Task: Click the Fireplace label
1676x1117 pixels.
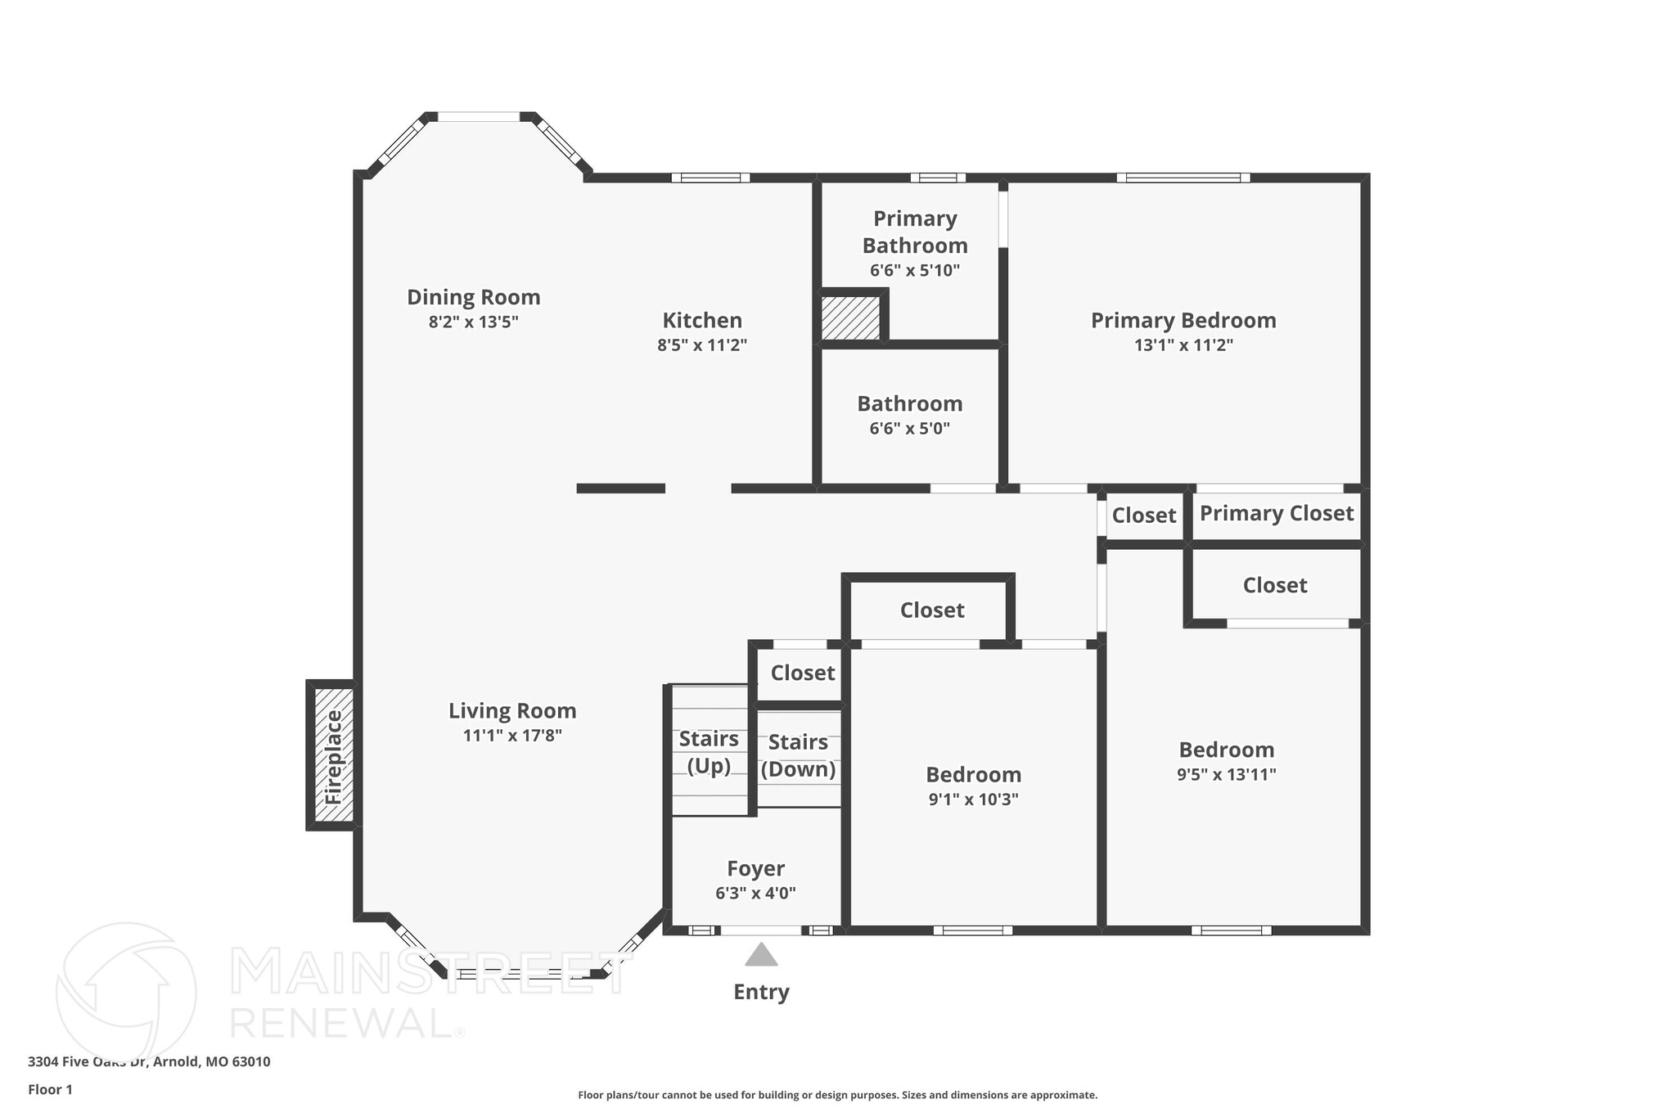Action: coord(333,757)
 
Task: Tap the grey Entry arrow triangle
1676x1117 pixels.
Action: coord(761,956)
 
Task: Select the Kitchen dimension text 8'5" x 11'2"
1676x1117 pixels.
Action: coord(702,345)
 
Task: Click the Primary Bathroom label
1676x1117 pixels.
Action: coord(915,232)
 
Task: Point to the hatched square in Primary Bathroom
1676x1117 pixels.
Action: coord(851,318)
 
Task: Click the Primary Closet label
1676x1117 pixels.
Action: coord(1276,513)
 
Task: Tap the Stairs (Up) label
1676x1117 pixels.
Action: coord(709,752)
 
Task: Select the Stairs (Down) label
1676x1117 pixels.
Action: coord(798,755)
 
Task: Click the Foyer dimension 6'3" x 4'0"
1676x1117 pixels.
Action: coord(755,893)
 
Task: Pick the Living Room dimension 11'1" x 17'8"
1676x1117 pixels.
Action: coord(512,735)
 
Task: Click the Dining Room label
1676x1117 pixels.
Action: coord(474,297)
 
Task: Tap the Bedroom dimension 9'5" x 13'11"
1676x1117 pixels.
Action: coord(1226,774)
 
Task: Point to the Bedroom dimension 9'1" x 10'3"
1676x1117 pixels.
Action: coord(973,799)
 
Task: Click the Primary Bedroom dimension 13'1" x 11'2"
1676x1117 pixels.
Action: coord(1183,345)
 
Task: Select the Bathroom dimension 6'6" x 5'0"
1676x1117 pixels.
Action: coord(909,428)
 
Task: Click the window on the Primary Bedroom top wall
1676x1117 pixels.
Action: coord(1183,178)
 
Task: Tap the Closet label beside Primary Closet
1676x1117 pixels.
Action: coord(1143,516)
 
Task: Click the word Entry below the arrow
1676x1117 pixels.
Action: coord(761,992)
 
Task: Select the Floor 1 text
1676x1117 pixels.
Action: coord(51,1089)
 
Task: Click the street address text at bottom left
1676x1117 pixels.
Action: coord(149,1061)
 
